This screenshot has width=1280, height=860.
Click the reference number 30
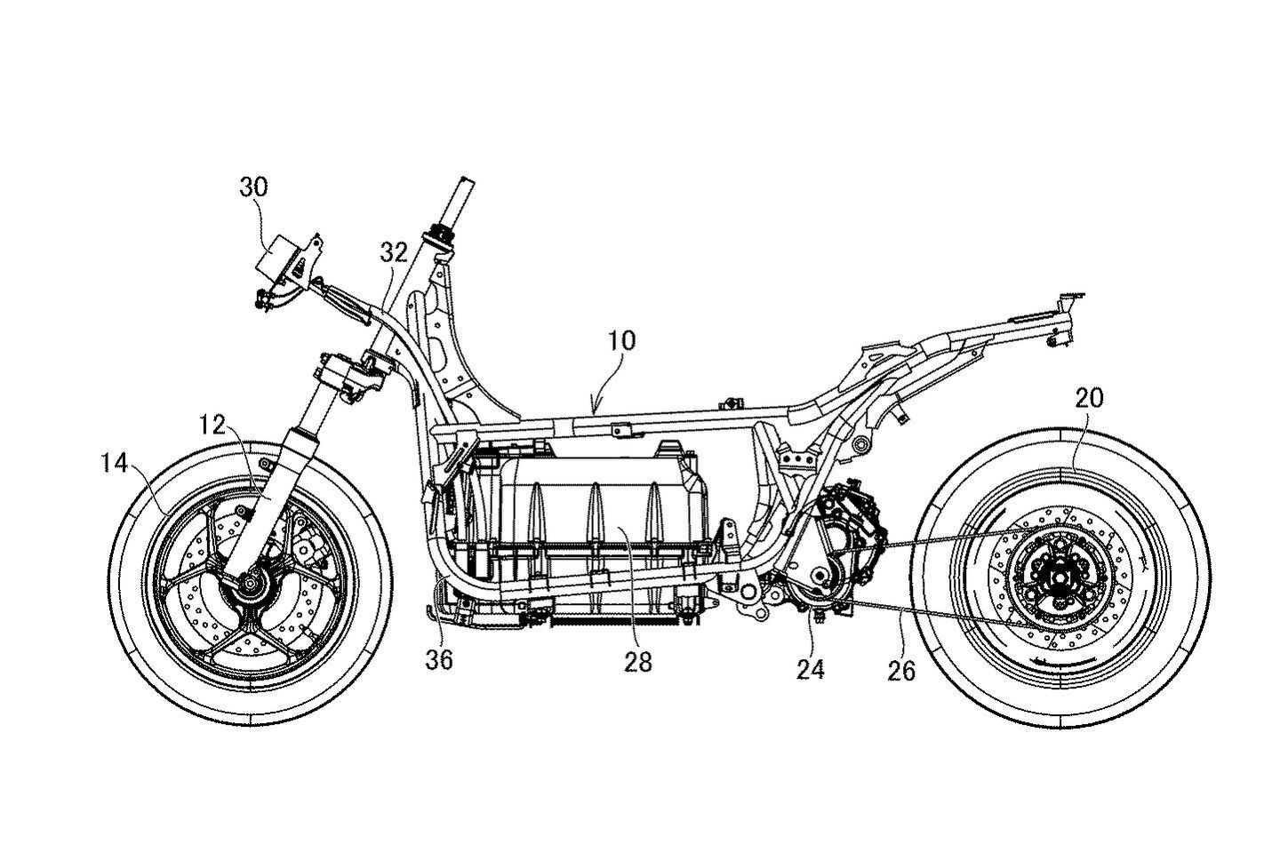253,187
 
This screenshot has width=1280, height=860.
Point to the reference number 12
213,426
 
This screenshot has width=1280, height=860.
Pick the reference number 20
1090,399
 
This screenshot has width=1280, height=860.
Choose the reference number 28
638,661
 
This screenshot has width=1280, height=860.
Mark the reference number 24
811,668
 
